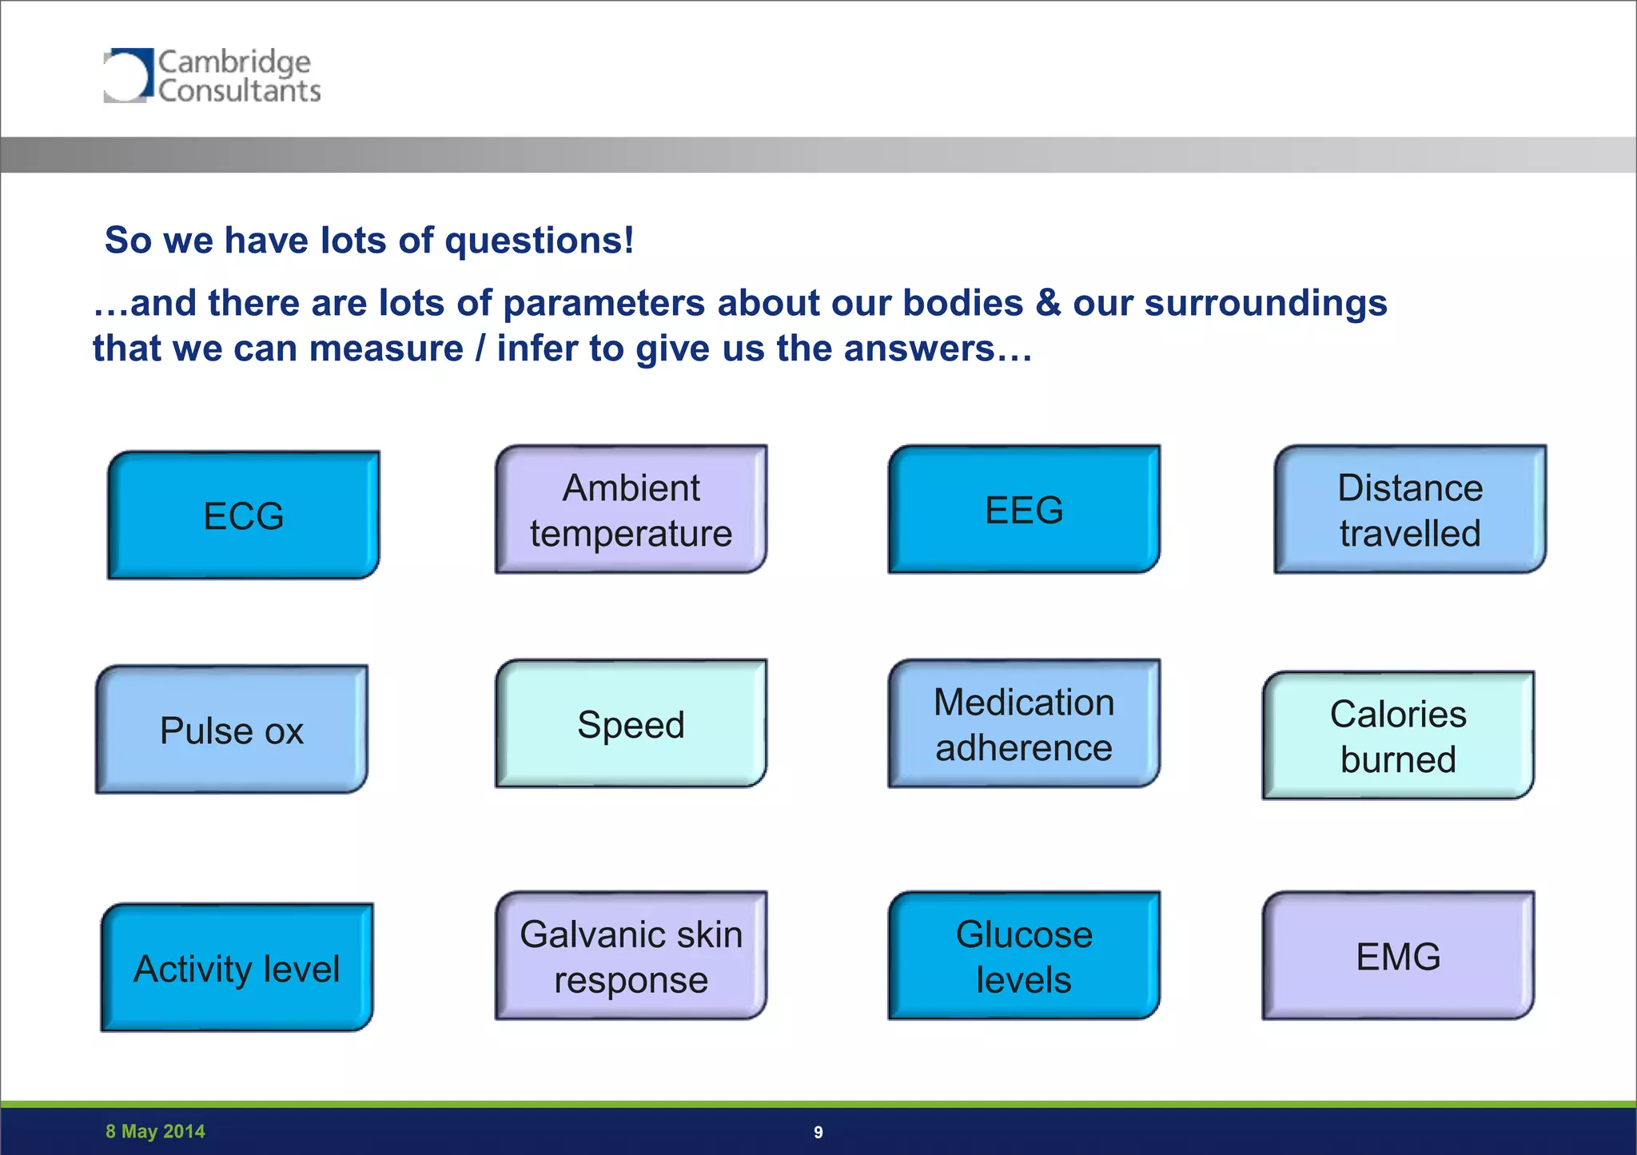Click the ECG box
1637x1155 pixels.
pyautogui.click(x=244, y=516)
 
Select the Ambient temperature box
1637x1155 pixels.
pyautogui.click(x=631, y=510)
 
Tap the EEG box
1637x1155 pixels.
pyautogui.click(x=1024, y=510)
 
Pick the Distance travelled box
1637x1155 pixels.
pyautogui.click(x=1410, y=510)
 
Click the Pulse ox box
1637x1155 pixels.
pyautogui.click(x=232, y=730)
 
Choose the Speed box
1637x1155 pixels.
pyautogui.click(x=631, y=724)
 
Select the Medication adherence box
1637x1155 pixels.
pyautogui.click(x=1024, y=724)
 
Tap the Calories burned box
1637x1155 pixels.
pyautogui.click(x=1398, y=735)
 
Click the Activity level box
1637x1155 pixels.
pyautogui.click(x=237, y=968)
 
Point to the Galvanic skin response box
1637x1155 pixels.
pyautogui.click(x=631, y=956)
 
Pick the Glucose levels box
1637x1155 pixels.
pyautogui.click(x=1024, y=956)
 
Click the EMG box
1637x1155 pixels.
pyautogui.click(x=1398, y=956)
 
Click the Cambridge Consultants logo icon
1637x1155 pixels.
pyautogui.click(x=127, y=76)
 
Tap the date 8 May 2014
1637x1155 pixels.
pyautogui.click(x=155, y=1131)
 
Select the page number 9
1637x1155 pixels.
pyautogui.click(x=818, y=1132)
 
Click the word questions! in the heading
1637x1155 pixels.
pyautogui.click(x=540, y=241)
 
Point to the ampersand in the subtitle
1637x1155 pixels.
pyautogui.click(x=1048, y=303)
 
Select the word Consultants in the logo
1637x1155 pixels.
pyautogui.click(x=239, y=91)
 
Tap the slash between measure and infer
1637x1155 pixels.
pyautogui.click(x=480, y=348)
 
